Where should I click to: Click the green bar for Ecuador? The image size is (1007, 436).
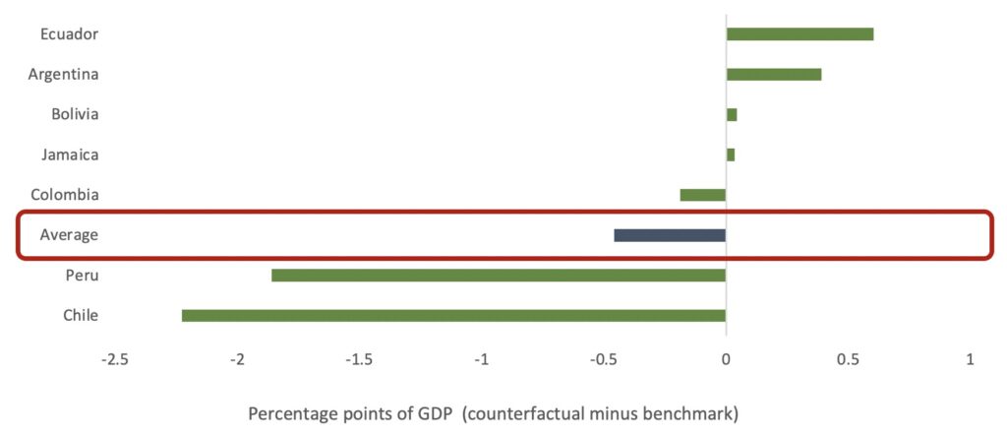click(800, 34)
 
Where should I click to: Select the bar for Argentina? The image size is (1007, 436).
click(774, 75)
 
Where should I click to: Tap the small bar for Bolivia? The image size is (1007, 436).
click(732, 115)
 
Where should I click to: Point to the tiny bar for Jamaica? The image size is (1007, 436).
click(731, 155)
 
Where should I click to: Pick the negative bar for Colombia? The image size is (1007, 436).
click(703, 195)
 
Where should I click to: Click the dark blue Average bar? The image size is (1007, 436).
click(670, 235)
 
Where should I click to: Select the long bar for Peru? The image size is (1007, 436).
click(499, 276)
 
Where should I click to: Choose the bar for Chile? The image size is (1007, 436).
click(453, 316)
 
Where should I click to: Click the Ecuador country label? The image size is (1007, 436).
click(70, 34)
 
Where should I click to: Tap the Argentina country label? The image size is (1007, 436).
click(63, 75)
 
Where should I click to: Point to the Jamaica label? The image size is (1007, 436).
click(70, 155)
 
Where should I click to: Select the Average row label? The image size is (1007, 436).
click(69, 235)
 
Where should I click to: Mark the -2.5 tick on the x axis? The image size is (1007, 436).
click(115, 360)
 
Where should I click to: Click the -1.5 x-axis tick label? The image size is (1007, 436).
click(359, 360)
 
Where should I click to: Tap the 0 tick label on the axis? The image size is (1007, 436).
click(726, 360)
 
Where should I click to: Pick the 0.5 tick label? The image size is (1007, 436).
click(848, 360)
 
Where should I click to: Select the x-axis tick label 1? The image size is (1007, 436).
click(971, 360)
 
